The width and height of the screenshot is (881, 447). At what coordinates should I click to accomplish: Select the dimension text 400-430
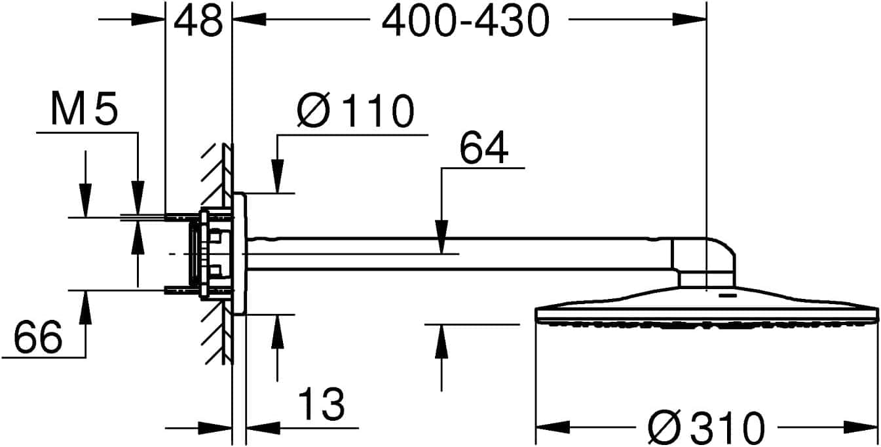[x=464, y=22]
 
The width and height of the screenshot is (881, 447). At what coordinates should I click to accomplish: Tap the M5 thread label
[x=84, y=110]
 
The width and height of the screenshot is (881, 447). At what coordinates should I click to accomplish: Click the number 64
[x=483, y=149]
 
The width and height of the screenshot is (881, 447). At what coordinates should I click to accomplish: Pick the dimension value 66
[x=38, y=338]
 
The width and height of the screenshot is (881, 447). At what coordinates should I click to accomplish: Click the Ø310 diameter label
[x=706, y=428]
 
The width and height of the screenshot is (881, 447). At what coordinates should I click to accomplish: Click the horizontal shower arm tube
[x=459, y=254]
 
